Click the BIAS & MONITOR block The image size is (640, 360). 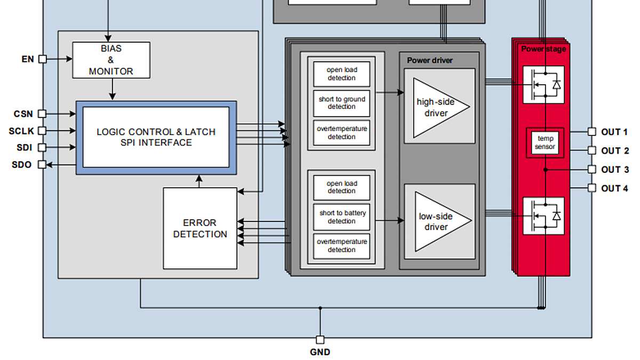(111, 60)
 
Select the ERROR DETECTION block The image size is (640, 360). (200, 228)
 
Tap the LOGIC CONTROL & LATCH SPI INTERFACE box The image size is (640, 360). (156, 138)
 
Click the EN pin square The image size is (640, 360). (43, 59)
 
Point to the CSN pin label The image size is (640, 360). (23, 114)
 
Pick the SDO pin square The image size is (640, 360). (42, 165)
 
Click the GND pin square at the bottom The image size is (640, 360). (320, 340)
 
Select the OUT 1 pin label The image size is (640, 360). (614, 132)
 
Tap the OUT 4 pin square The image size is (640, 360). (591, 188)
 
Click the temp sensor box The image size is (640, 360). (545, 142)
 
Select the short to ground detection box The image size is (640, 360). (341, 103)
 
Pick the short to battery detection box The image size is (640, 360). (341, 217)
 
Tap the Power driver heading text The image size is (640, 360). (430, 60)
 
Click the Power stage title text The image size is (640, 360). (543, 49)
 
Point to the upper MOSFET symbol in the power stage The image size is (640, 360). (543, 85)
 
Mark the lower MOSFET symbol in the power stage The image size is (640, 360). (543, 216)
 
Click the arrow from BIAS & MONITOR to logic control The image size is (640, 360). (113, 89)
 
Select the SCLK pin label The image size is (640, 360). (21, 131)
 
